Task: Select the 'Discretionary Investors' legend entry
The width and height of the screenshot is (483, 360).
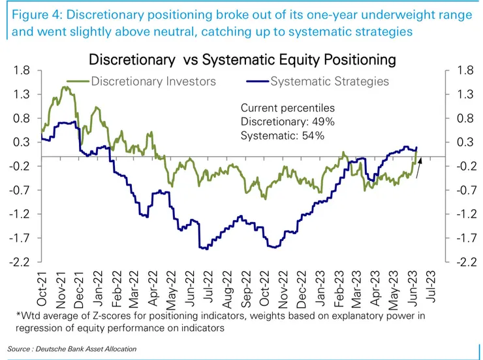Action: point(153,82)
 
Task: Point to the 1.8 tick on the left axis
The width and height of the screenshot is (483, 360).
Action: point(22,71)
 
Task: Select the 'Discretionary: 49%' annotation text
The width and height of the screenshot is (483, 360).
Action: point(288,122)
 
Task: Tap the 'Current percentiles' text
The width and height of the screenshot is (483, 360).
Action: point(288,108)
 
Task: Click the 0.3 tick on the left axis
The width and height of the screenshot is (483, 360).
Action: point(22,142)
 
